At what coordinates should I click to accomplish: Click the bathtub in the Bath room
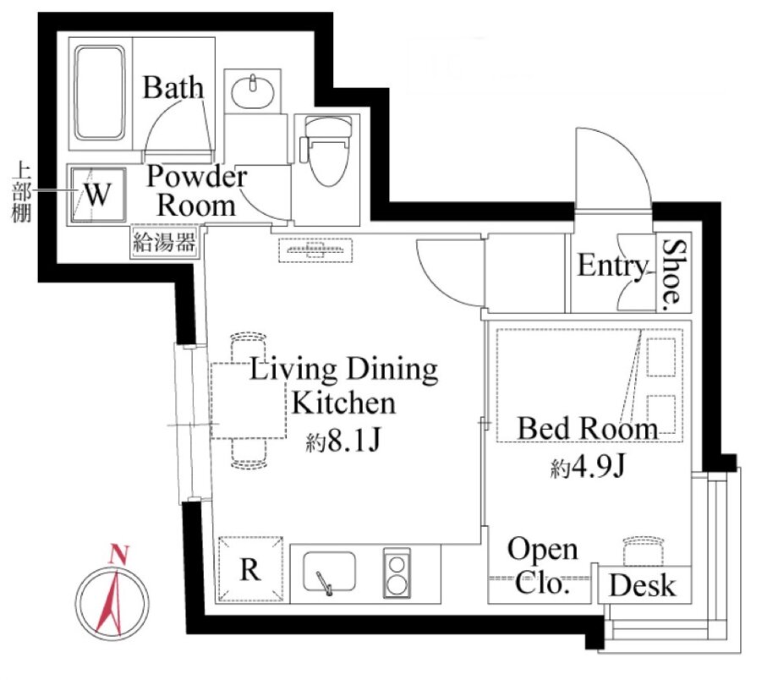[99, 93]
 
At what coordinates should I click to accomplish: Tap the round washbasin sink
[253, 92]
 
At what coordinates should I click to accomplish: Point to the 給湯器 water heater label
[164, 243]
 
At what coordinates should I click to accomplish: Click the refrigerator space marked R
[250, 569]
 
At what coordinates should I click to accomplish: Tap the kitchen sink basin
[329, 573]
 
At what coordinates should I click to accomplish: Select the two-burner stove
[397, 573]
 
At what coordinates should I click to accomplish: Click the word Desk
[643, 585]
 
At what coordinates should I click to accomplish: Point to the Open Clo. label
[542, 566]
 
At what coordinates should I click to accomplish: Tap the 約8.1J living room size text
[343, 441]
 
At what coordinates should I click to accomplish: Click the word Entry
[613, 266]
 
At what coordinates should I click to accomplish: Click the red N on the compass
[119, 554]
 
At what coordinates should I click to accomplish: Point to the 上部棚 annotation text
[21, 192]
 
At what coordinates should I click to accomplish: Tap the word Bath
[173, 88]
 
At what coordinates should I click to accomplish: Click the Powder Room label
[197, 190]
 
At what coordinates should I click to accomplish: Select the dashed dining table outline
[249, 401]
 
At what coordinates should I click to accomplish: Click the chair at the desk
[643, 551]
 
